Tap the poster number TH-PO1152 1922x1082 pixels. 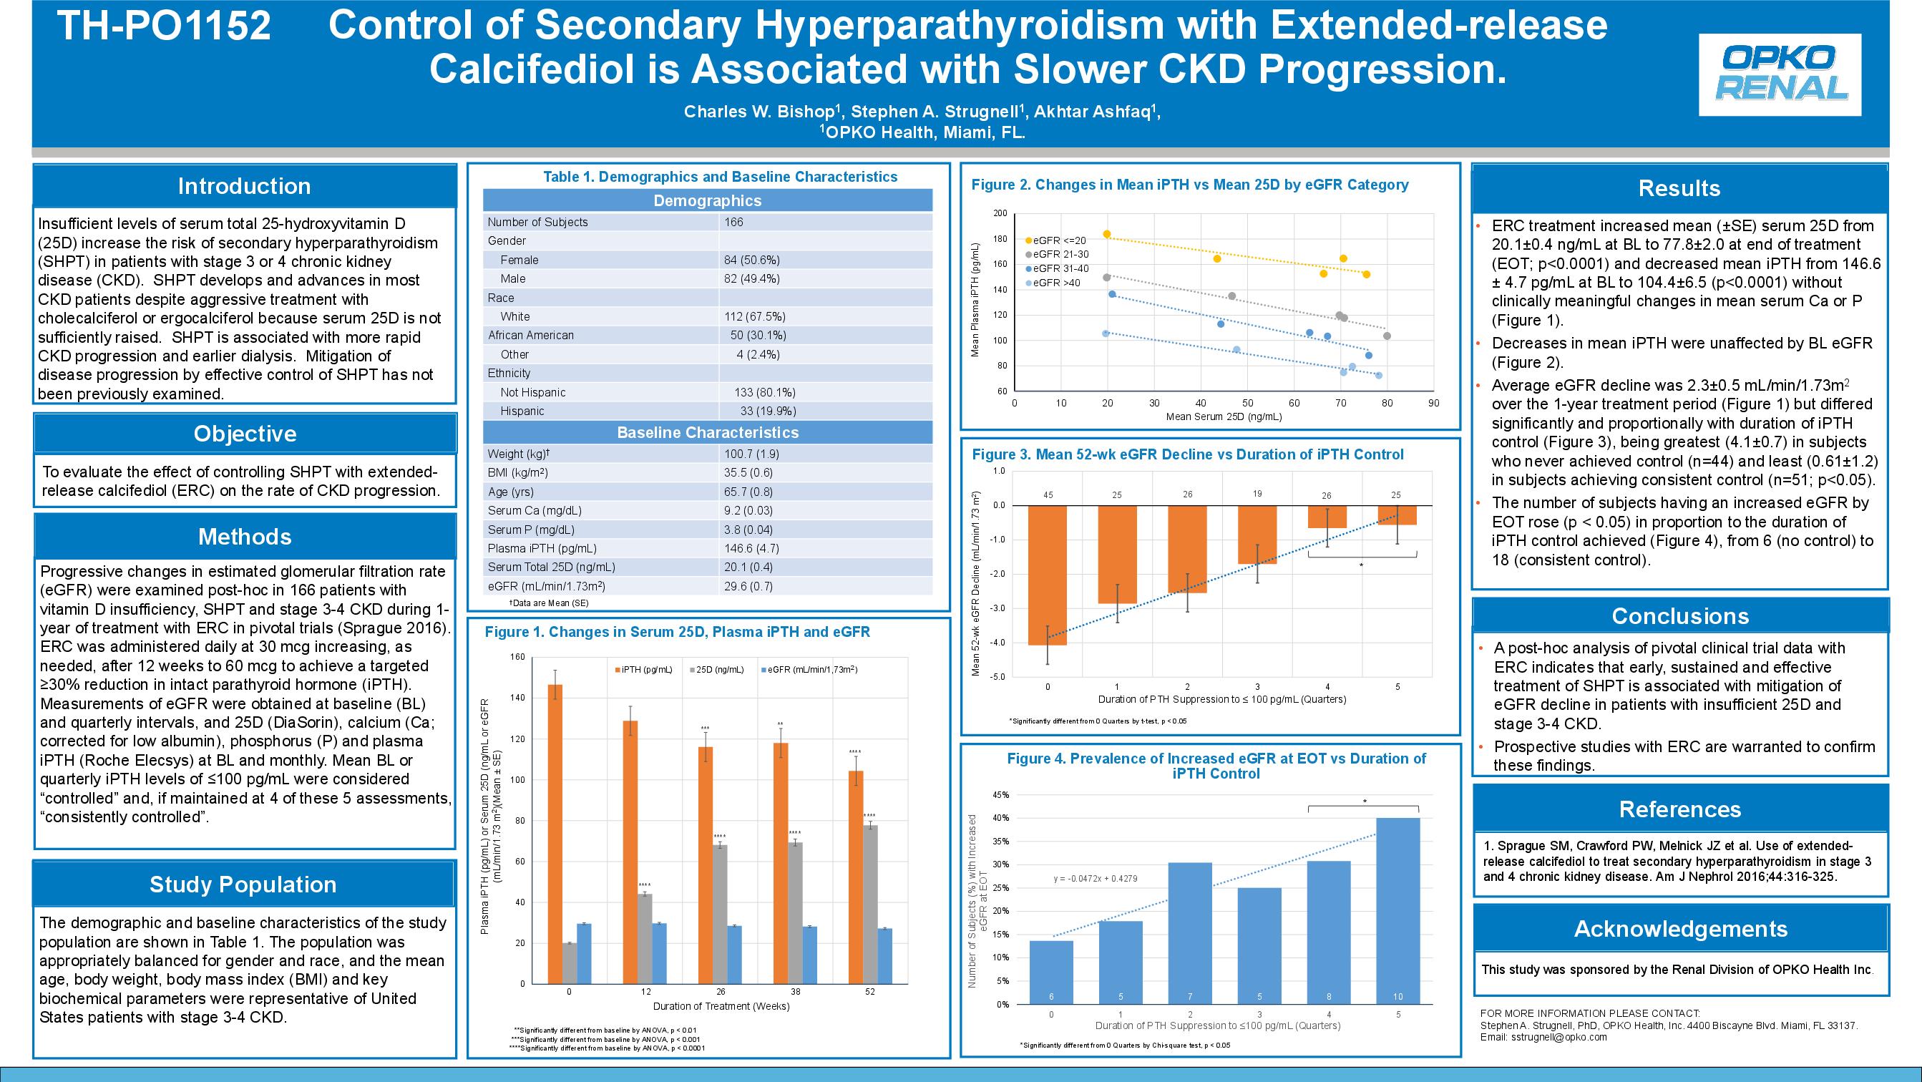coord(163,26)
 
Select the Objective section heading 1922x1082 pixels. coord(245,434)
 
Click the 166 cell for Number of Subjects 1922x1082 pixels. coord(733,223)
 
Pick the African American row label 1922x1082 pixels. coord(530,335)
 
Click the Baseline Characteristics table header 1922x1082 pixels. coord(707,432)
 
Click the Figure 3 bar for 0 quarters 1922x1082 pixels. coord(1048,575)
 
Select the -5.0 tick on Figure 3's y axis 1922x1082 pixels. coord(998,677)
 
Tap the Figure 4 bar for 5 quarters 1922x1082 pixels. coord(1397,911)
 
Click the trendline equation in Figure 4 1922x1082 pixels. coord(1096,878)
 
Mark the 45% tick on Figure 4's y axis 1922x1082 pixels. coord(1000,796)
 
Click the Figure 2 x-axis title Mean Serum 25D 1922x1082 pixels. coord(1224,417)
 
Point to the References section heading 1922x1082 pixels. coord(1679,809)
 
